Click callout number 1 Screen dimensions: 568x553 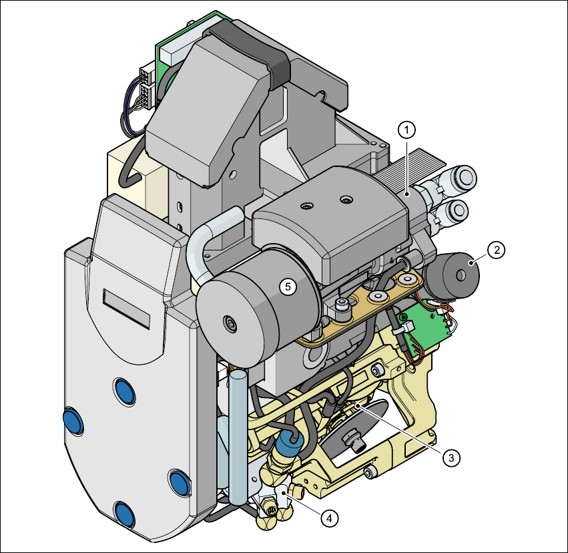[406, 130]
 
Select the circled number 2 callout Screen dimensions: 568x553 [496, 250]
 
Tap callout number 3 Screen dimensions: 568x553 [451, 457]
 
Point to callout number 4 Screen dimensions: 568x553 [329, 518]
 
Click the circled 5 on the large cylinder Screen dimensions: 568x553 [288, 287]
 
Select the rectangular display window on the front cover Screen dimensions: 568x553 [126, 309]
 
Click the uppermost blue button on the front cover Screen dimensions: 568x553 [125, 391]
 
